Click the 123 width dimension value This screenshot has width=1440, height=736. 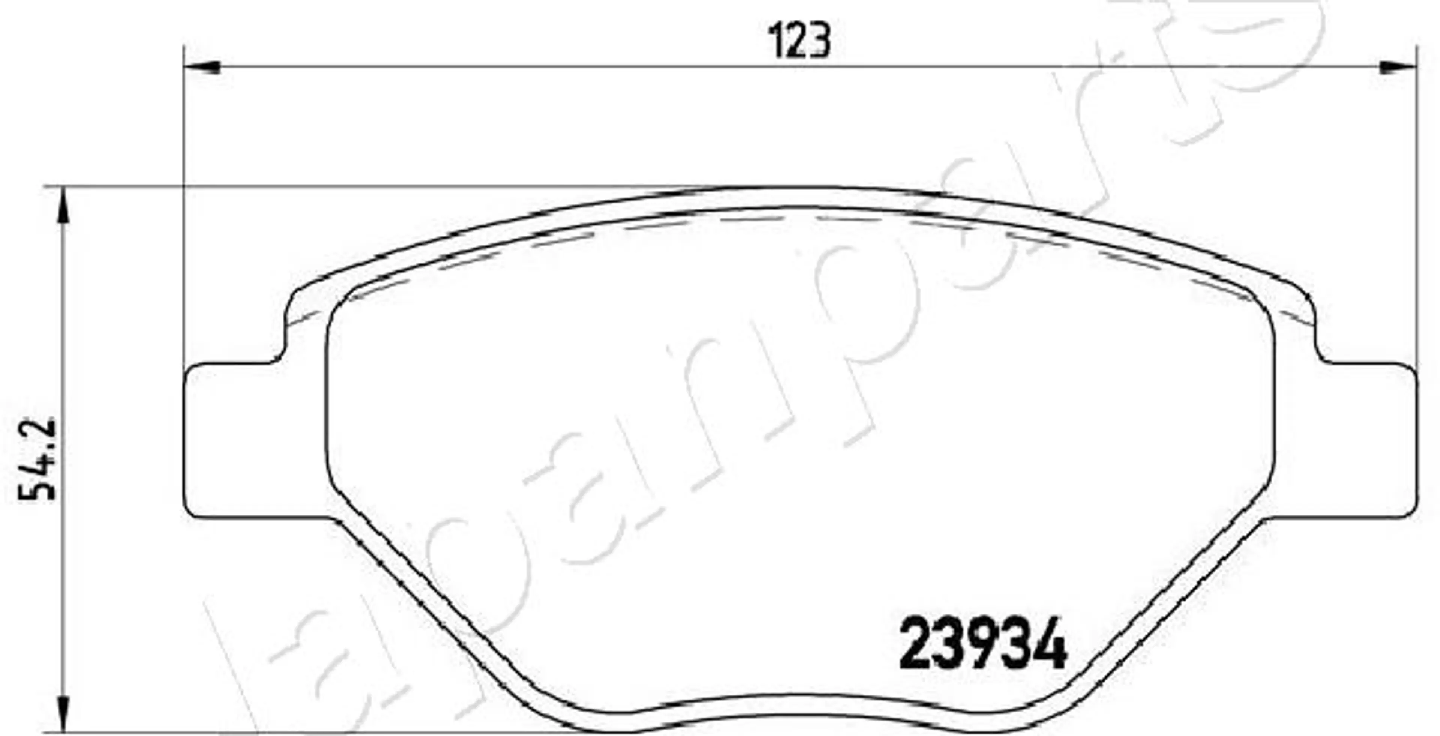799,40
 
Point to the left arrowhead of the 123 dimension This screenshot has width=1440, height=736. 202,68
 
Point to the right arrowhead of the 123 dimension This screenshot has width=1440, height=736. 1398,68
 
